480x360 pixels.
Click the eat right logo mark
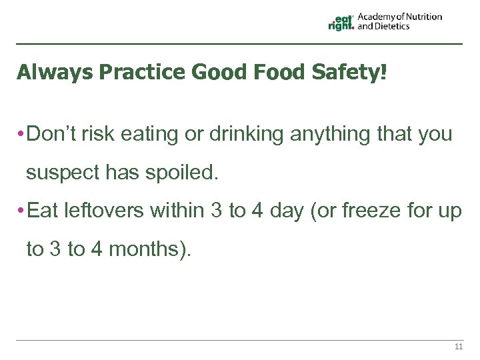[341, 23]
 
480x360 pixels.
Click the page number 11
[458, 347]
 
